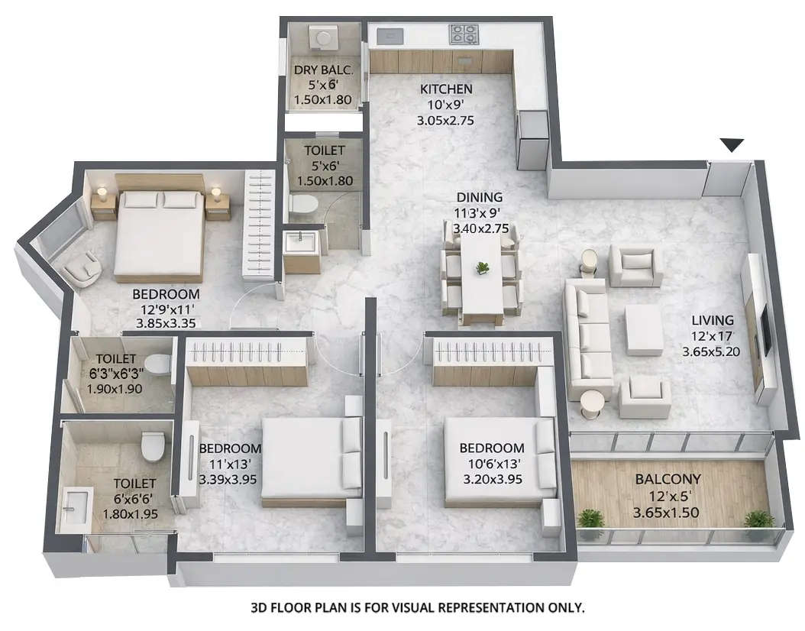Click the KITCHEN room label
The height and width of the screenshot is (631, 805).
(446, 89)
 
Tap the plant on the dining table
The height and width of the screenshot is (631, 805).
(482, 267)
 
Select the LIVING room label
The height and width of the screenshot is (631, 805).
(713, 320)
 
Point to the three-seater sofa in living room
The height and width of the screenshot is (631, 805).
(587, 336)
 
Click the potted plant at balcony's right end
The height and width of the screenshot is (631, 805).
(758, 519)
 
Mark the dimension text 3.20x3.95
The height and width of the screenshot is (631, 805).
(491, 480)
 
